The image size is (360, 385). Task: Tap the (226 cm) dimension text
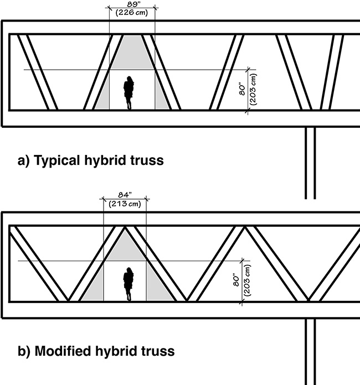(x=131, y=13)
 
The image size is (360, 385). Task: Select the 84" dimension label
(x=125, y=195)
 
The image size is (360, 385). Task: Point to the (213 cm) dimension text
(x=125, y=204)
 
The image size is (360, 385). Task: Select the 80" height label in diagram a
(x=241, y=90)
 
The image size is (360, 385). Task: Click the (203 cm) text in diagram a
(x=251, y=90)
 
